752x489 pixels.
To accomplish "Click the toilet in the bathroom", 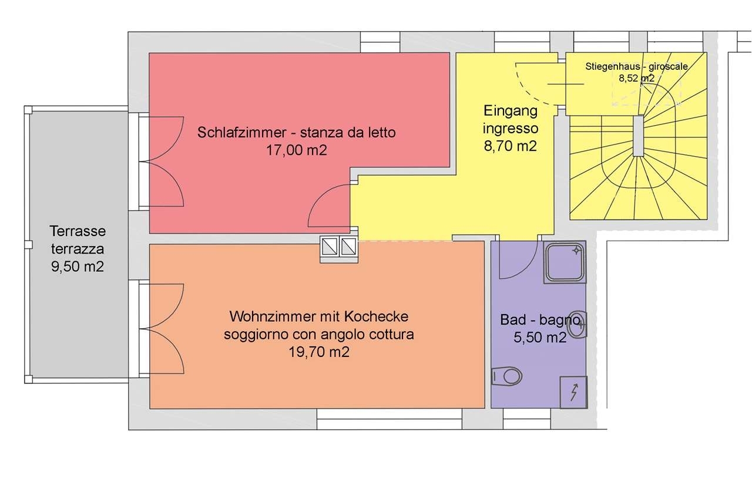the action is tap(506, 376).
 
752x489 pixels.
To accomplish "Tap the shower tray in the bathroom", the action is tap(565, 262).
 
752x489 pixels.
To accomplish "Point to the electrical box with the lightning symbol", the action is tap(573, 392).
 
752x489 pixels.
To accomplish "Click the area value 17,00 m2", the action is tap(297, 150).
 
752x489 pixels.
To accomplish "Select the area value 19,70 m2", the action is tap(319, 352).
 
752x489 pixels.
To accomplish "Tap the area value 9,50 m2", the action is tap(78, 267).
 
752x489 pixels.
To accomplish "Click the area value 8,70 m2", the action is tap(511, 146).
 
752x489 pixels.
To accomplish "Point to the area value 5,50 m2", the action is tap(540, 338).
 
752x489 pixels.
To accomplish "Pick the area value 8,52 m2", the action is tap(637, 78).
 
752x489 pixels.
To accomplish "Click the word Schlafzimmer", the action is tap(241, 132).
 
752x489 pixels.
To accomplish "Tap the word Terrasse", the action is tap(78, 231).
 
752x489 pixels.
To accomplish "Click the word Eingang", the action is tap(511, 111).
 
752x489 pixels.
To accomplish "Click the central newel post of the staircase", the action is tap(639, 136).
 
